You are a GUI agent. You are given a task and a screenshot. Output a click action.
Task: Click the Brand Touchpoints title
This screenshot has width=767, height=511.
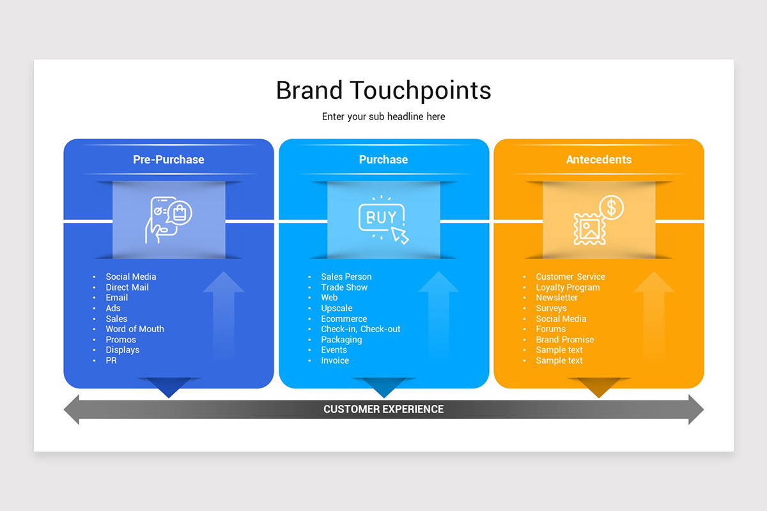pyautogui.click(x=383, y=90)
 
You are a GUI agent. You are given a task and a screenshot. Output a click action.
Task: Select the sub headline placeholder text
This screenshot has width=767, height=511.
pyautogui.click(x=383, y=117)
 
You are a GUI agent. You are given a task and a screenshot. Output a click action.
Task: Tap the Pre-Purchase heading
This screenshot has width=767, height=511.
pyautogui.click(x=169, y=160)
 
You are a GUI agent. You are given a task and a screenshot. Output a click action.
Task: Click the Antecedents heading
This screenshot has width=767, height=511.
pyautogui.click(x=598, y=160)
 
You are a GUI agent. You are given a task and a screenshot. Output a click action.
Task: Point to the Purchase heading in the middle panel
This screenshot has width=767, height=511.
pyautogui.click(x=383, y=160)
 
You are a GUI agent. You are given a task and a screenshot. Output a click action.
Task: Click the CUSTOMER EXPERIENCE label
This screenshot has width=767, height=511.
pyautogui.click(x=383, y=409)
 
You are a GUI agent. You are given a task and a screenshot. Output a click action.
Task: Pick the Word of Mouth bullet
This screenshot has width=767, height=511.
pyautogui.click(x=135, y=329)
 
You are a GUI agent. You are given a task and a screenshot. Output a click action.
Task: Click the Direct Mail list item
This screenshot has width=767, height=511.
pyautogui.click(x=127, y=287)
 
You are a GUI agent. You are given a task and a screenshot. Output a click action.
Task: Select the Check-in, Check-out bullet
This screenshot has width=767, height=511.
pyautogui.click(x=360, y=329)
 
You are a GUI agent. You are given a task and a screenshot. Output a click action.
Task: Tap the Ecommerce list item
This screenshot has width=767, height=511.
pyautogui.click(x=344, y=319)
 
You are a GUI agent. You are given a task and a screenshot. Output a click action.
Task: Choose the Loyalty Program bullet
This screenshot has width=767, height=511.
pyautogui.click(x=568, y=287)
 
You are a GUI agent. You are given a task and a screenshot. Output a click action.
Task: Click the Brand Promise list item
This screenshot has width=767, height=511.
pyautogui.click(x=564, y=340)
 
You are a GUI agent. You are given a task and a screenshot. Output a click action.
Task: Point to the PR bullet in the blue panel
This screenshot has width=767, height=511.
pyautogui.click(x=111, y=360)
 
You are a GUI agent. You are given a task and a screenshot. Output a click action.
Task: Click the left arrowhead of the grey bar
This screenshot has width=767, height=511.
pyautogui.click(x=72, y=409)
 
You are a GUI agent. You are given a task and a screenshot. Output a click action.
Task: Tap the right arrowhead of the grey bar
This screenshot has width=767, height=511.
pyautogui.click(x=695, y=409)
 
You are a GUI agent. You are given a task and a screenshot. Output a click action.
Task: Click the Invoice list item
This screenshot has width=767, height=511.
pyautogui.click(x=335, y=360)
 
